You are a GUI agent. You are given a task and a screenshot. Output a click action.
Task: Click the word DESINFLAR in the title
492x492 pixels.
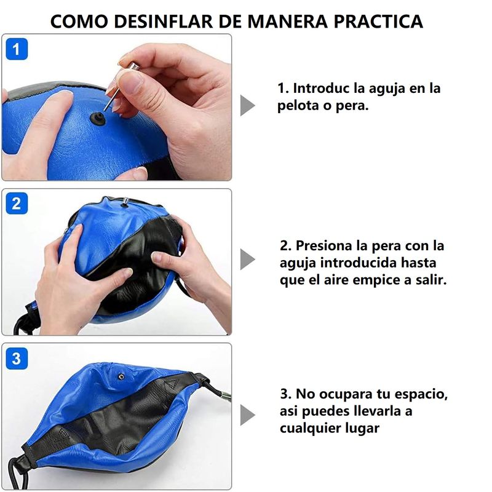(163, 22)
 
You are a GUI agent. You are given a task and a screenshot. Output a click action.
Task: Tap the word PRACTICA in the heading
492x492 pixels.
(378, 22)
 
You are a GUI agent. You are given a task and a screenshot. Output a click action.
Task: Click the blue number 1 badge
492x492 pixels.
(17, 49)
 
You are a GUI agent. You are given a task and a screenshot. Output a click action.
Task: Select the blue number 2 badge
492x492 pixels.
(17, 204)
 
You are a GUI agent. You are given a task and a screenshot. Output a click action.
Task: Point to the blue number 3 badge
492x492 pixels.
(17, 359)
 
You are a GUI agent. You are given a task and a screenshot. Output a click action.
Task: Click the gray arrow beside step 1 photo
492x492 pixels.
(247, 105)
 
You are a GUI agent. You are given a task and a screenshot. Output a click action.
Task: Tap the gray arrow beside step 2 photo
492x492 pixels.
(247, 259)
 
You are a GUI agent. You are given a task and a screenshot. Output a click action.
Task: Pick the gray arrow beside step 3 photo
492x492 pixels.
(247, 415)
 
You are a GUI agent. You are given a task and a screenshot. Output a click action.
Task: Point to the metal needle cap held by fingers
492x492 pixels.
(133, 66)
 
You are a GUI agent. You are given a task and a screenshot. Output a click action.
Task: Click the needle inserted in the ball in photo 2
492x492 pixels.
(125, 202)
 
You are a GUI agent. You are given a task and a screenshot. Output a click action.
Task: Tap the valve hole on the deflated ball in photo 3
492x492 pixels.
(121, 376)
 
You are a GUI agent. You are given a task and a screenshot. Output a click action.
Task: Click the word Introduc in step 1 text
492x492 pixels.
(320, 88)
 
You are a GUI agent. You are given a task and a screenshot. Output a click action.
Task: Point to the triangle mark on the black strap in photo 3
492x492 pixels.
(173, 384)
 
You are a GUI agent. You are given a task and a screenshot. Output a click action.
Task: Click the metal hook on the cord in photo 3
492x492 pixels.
(225, 395)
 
